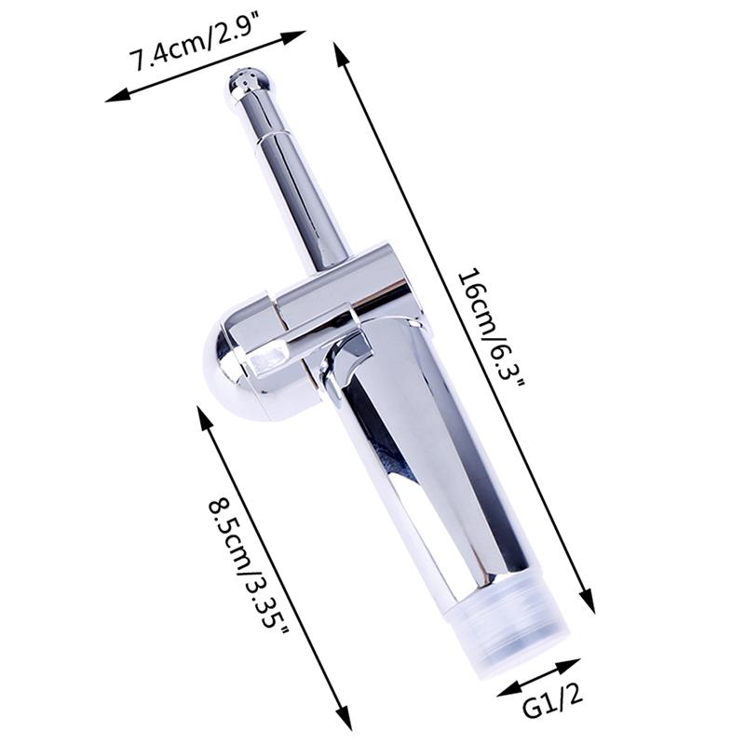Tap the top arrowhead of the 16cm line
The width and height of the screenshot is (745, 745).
pyautogui.click(x=339, y=47)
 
